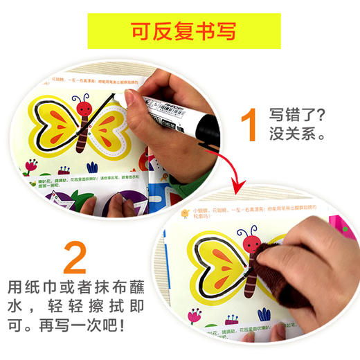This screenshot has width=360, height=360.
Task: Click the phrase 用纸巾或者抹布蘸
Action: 76,285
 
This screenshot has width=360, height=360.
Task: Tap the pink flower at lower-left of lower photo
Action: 195,316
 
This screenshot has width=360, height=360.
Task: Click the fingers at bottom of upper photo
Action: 104,205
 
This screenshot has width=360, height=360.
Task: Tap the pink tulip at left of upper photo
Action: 30,166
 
